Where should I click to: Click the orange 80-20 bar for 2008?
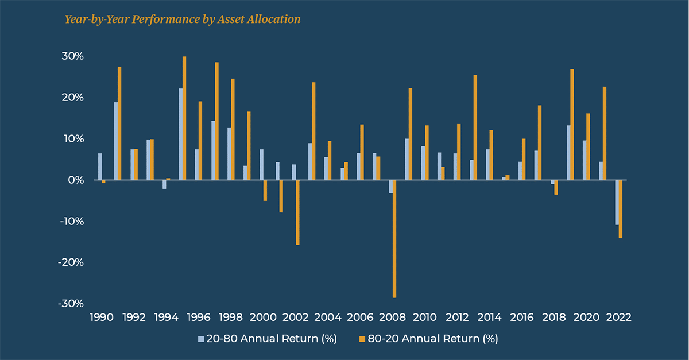tap(394, 239)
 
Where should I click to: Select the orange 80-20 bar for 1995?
tap(184, 118)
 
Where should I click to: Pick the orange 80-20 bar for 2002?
tap(297, 212)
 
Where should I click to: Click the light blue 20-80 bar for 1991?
tap(116, 141)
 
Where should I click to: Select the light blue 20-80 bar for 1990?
tap(100, 167)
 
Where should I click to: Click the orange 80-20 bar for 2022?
tap(621, 209)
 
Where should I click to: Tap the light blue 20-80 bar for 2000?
tap(261, 165)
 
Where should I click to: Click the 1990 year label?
tap(102, 318)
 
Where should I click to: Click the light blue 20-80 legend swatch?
tap(201, 339)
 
